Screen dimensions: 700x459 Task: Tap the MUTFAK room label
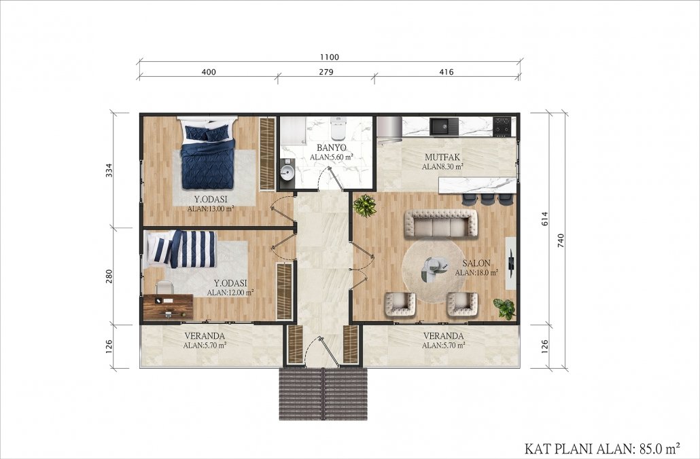[x=442, y=158]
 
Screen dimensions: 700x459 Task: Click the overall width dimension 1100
[x=330, y=57]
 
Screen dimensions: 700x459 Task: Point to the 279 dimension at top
[x=326, y=72]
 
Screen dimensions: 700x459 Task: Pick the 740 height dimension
[x=561, y=240]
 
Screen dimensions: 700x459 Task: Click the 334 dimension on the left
[x=109, y=170]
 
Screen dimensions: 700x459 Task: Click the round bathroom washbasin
[x=287, y=170]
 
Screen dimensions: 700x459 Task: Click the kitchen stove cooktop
[x=502, y=126]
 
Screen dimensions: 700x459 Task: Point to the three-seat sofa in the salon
[x=440, y=223]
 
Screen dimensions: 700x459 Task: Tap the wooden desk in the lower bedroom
[x=168, y=307]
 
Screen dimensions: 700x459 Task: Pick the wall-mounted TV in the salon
[x=511, y=263]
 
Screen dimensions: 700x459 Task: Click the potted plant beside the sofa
[x=365, y=206]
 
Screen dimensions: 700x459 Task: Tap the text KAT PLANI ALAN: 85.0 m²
[x=602, y=448]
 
